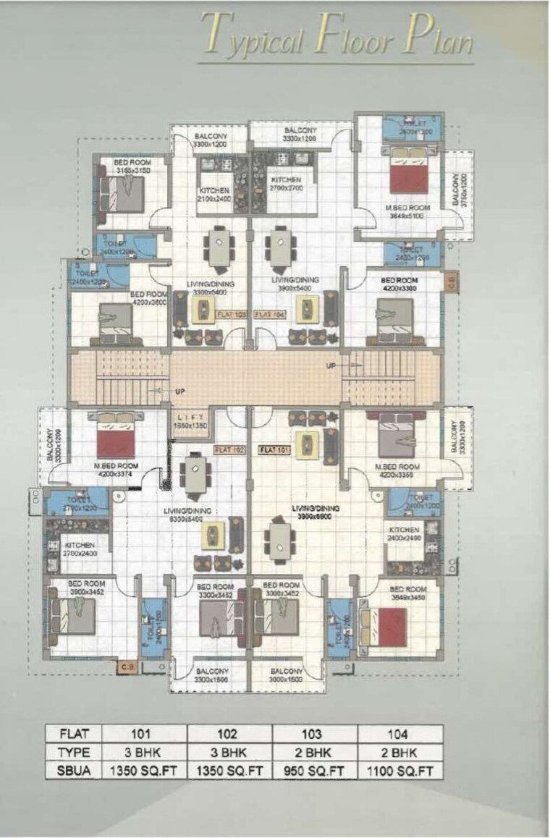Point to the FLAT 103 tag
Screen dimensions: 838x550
(233, 313)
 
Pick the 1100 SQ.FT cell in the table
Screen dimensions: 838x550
(400, 771)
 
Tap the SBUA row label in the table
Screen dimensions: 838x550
(73, 771)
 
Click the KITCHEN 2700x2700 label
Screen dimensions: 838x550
(287, 184)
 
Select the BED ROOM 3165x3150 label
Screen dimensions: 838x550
(131, 166)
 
